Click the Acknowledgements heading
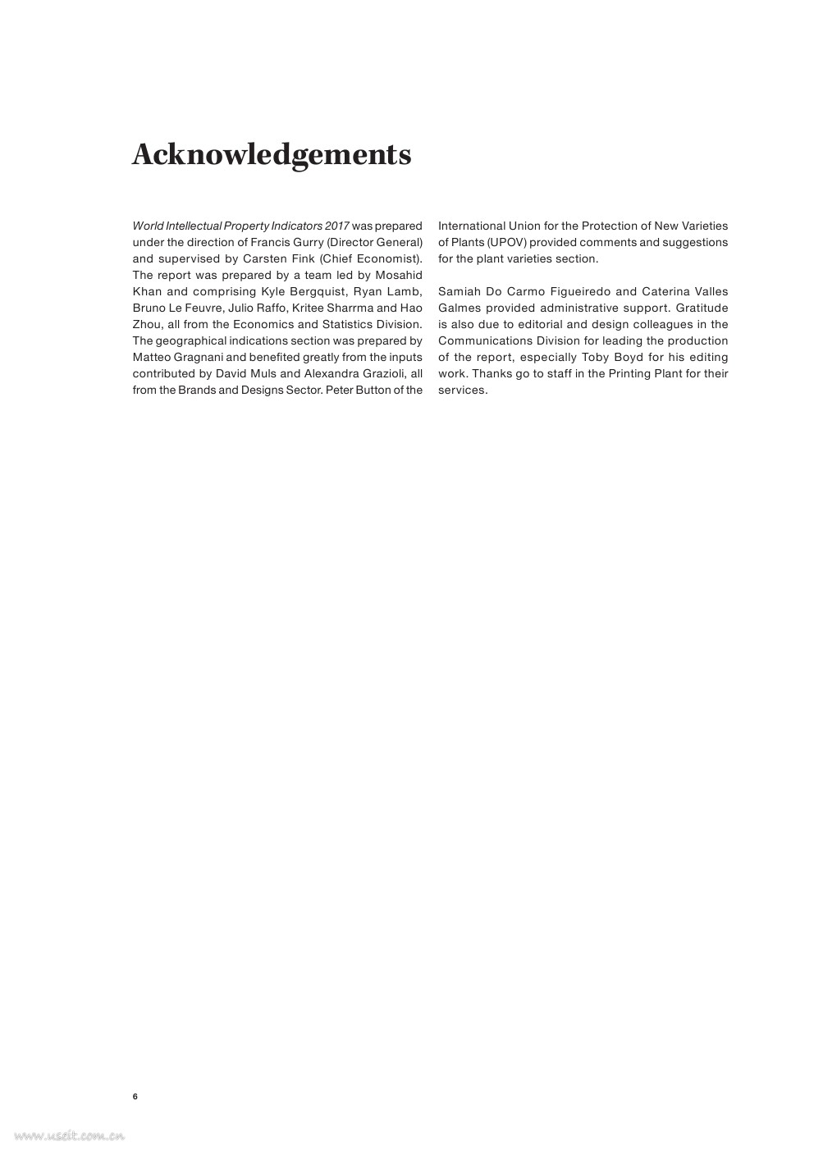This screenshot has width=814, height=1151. pos(272,154)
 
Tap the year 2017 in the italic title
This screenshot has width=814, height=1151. pos(337,226)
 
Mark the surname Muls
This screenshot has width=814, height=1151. pos(263,373)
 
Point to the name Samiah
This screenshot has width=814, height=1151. pos(460,291)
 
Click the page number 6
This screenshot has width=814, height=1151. pos(135,1097)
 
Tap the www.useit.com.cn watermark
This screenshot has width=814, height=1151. pos(69,1136)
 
